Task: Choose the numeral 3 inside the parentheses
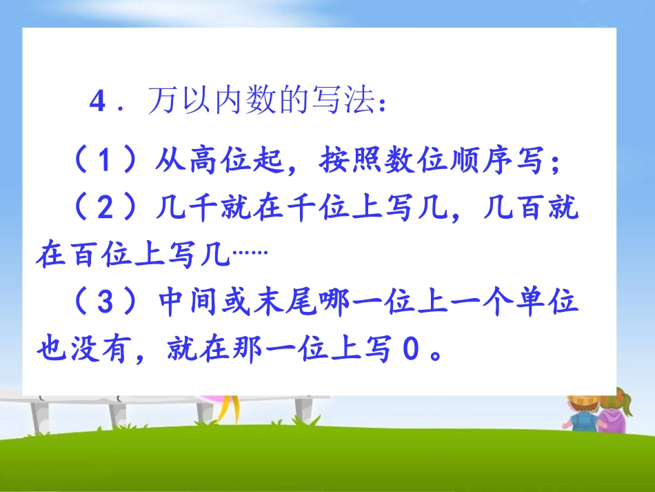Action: [103, 304]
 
